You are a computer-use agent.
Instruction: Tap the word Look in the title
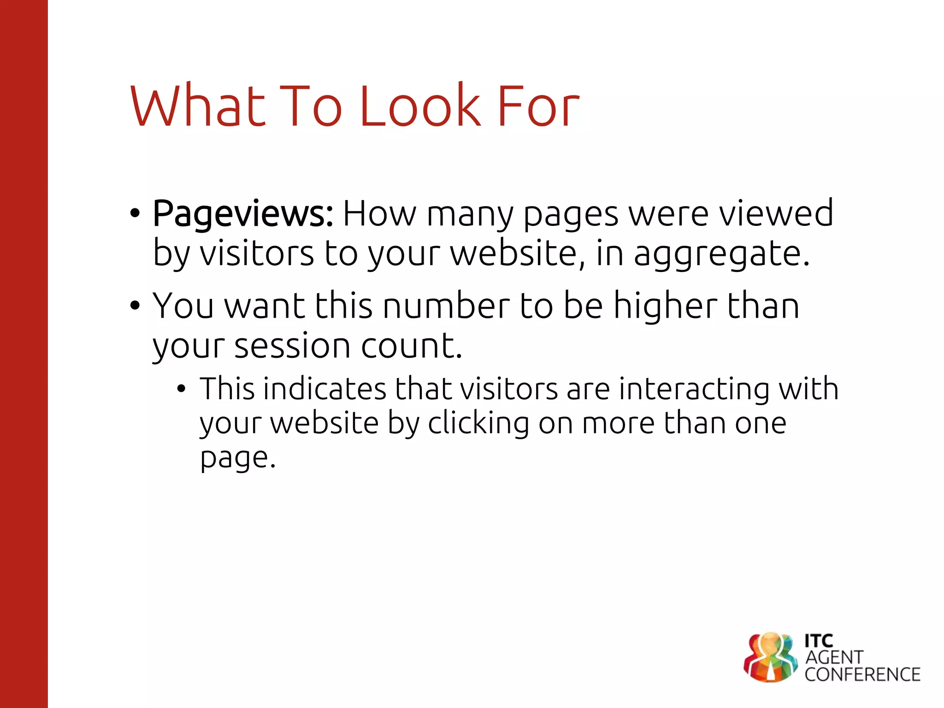419,106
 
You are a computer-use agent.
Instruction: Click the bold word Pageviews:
242,215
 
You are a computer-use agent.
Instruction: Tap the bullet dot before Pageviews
135,213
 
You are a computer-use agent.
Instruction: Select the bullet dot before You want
135,306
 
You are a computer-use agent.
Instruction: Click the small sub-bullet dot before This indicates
181,389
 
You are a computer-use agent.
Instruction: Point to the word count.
411,346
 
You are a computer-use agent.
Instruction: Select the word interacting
694,389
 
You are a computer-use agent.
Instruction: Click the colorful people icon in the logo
770,657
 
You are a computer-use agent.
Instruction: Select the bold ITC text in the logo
819,641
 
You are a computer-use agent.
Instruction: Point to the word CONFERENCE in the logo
862,675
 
